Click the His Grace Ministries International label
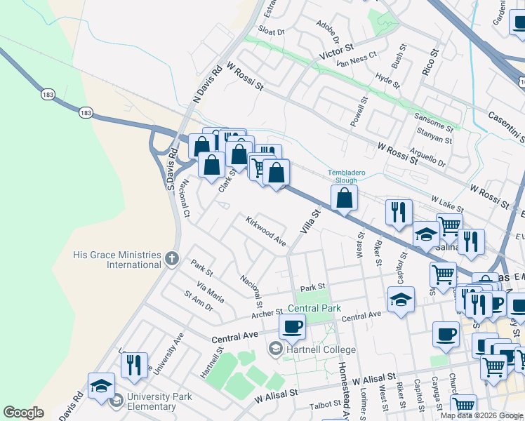pyautogui.click(x=117, y=260)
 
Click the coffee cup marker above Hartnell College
pyautogui.click(x=292, y=326)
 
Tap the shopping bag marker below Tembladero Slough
pyautogui.click(x=345, y=199)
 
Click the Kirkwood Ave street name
pyautogui.click(x=265, y=231)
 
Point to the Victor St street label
pyautogui.click(x=335, y=52)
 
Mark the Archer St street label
pyautogui.click(x=267, y=313)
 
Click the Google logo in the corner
pyautogui.click(x=23, y=413)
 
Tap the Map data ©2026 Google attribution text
pyautogui.click(x=481, y=415)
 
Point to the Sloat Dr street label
pyautogui.click(x=271, y=32)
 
